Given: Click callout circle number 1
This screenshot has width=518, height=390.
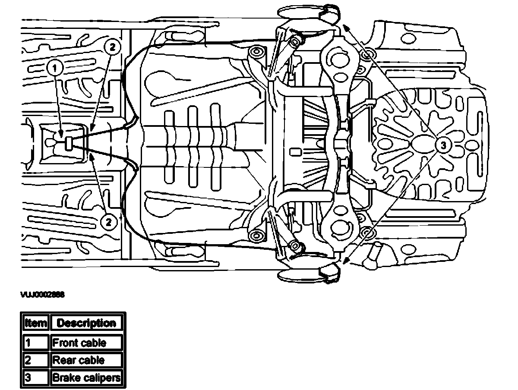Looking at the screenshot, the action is point(54,67).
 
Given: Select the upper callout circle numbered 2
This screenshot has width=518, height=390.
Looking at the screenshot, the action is point(111,47).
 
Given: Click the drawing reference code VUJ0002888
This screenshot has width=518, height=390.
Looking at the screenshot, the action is point(42,295).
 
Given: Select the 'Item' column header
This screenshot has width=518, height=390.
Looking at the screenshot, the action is point(36,323).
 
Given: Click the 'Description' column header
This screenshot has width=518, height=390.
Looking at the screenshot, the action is point(87,323).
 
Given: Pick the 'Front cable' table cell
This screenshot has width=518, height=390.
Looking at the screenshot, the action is point(87,343).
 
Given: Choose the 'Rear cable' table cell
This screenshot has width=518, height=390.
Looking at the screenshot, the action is point(87,360).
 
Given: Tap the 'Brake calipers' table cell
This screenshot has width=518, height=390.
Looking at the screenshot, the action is point(87,378).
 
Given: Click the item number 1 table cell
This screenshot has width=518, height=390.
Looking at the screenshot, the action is point(36,343).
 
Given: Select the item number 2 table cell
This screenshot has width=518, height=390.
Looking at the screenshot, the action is point(36,360).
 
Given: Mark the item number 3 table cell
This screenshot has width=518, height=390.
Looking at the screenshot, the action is point(36,378).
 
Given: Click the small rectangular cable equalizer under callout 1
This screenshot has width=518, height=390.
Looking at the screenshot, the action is point(68,143).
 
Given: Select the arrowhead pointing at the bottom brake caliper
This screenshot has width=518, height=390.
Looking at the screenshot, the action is point(346,260).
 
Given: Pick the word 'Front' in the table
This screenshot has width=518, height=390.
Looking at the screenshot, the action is point(65,343).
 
